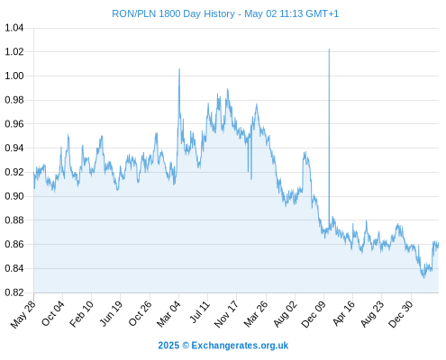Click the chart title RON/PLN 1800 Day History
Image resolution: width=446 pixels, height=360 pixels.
click(x=173, y=13)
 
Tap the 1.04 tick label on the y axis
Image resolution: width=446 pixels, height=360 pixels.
click(x=14, y=28)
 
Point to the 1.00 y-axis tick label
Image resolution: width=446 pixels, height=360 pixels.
click(x=14, y=76)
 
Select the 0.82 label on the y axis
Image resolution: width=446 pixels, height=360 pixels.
click(x=14, y=292)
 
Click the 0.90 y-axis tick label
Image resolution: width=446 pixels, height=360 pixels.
click(x=14, y=196)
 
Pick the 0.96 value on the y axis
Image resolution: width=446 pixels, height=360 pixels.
click(x=14, y=124)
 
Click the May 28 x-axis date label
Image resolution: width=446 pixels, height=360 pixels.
click(x=23, y=314)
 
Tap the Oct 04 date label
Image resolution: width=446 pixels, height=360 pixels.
click(x=53, y=313)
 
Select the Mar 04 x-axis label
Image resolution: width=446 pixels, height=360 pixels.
click(x=168, y=314)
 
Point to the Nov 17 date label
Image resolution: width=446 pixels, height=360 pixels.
click(x=227, y=314)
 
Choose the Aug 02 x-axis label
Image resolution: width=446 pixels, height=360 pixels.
click(x=286, y=314)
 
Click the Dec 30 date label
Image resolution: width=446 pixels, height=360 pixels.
click(x=401, y=314)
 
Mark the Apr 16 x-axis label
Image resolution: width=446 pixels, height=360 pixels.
click(x=343, y=313)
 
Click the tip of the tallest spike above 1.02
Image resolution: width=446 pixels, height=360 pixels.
click(x=329, y=49)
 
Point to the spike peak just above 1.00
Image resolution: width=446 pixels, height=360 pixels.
click(x=179, y=69)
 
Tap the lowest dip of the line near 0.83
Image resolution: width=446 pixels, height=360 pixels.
click(x=424, y=278)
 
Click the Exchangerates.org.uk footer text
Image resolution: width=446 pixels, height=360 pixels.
click(x=240, y=346)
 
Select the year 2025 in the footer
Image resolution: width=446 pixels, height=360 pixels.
click(x=168, y=346)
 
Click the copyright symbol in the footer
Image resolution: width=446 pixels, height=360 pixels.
click(x=186, y=346)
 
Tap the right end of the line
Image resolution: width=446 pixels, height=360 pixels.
click(x=439, y=244)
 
